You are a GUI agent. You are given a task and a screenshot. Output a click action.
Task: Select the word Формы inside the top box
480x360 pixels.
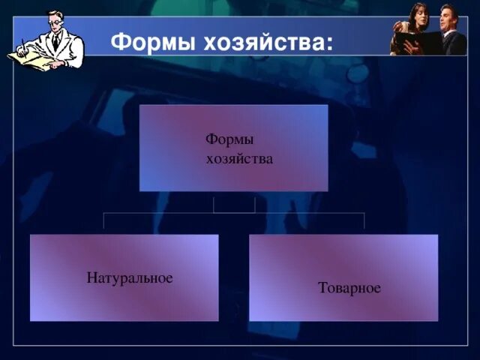(229, 140)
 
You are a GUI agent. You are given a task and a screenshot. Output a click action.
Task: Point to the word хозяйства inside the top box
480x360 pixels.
(239, 159)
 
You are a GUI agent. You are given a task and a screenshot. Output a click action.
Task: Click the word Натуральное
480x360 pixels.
(130, 278)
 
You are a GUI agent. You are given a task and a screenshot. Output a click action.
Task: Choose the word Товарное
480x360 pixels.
(349, 288)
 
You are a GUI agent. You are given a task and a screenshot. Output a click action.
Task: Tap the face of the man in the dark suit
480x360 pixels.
(448, 16)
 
